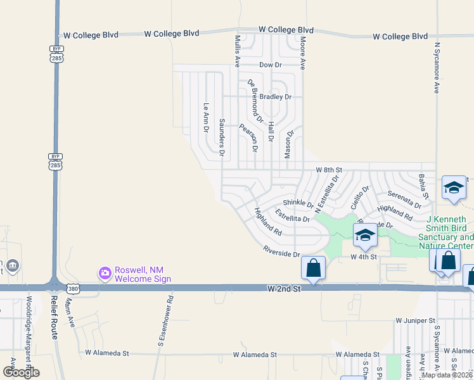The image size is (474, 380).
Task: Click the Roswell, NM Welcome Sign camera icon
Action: (x=105, y=273)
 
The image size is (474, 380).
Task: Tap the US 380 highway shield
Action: (x=75, y=288)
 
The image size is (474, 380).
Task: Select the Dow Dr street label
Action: (x=271, y=65)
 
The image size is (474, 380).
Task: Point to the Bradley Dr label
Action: (x=276, y=97)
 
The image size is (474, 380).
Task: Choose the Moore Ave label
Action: (x=303, y=53)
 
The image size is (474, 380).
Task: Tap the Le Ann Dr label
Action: (x=205, y=117)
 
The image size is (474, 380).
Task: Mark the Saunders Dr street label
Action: (x=222, y=136)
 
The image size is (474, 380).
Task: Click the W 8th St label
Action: (x=329, y=170)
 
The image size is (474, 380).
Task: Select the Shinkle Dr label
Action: (x=298, y=203)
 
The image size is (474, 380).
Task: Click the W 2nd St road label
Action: (x=283, y=288)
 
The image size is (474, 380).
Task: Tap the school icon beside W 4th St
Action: (x=365, y=236)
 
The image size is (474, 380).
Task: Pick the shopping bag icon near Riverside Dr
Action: (x=314, y=268)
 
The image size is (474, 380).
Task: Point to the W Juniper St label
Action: (x=416, y=321)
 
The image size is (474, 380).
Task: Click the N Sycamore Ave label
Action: (x=437, y=68)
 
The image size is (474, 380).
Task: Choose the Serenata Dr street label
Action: (x=405, y=200)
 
